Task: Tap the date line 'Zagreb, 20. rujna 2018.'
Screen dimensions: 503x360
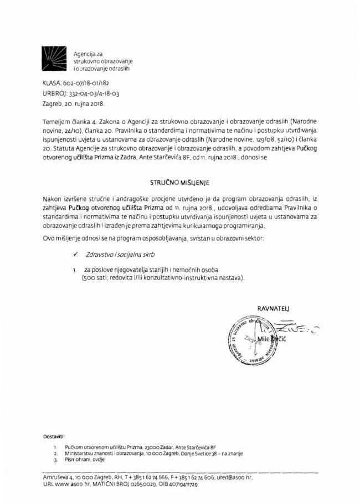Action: tap(73, 103)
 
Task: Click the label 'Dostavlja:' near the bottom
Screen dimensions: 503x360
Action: tap(55, 437)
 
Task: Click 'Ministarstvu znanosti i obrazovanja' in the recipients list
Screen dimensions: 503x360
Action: tap(105, 453)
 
